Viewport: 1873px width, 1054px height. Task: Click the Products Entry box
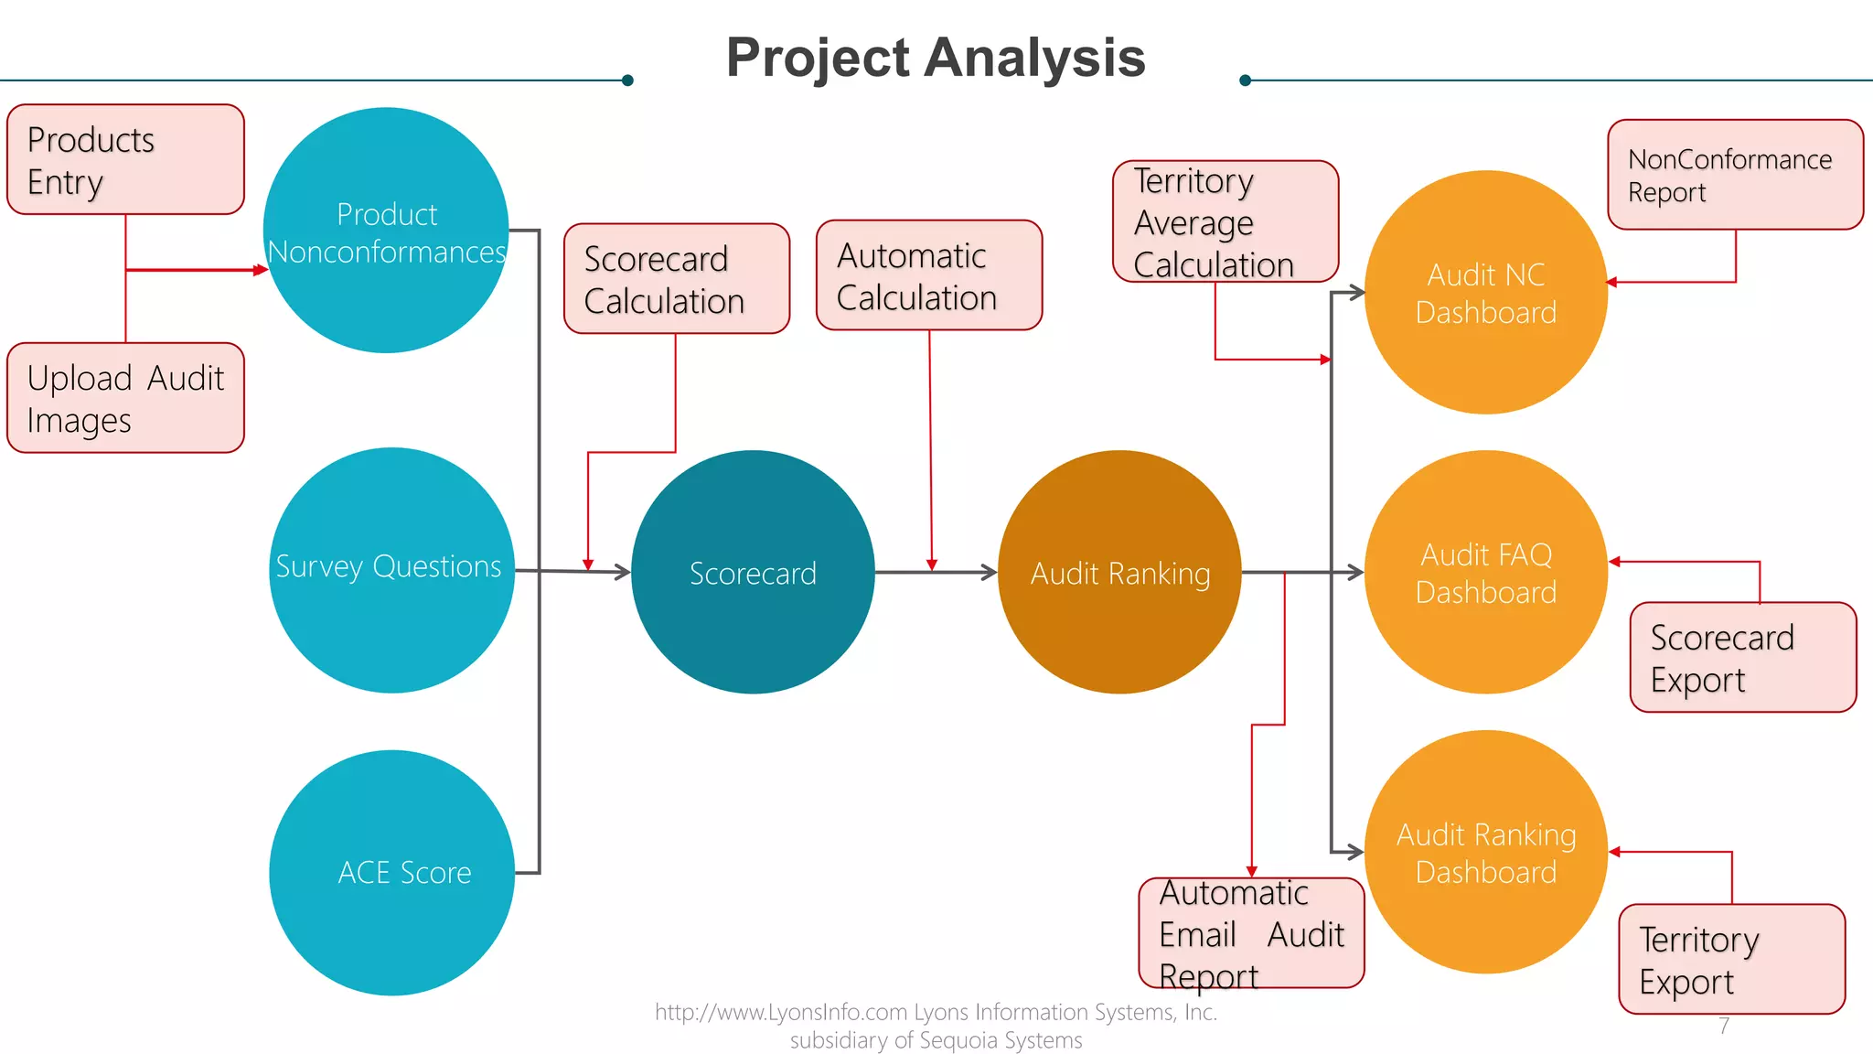(125, 159)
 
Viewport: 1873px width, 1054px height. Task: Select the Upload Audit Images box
(125, 398)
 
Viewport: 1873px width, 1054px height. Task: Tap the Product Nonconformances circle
(386, 231)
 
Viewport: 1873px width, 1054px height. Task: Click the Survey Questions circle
(391, 570)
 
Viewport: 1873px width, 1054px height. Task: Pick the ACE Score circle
(391, 873)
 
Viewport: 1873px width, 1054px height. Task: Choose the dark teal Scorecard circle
(753, 572)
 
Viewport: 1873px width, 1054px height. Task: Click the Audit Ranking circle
(1119, 572)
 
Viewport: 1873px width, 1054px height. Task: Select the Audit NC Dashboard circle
(1485, 293)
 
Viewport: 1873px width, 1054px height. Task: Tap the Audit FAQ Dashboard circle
(1485, 572)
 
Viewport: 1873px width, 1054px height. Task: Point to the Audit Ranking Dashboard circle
(1485, 852)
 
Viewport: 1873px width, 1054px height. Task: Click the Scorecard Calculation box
(677, 278)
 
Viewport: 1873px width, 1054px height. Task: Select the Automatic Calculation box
(929, 274)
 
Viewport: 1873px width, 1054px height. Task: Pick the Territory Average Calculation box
(1225, 221)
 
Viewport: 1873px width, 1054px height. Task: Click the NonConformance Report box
(1735, 175)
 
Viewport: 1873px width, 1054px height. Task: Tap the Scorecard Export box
(1743, 657)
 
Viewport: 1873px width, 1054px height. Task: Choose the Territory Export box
(1731, 959)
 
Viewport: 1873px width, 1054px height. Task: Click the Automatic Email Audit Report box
(1251, 933)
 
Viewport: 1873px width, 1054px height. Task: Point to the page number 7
(1724, 1026)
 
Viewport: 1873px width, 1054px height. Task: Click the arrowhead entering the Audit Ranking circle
(990, 573)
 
